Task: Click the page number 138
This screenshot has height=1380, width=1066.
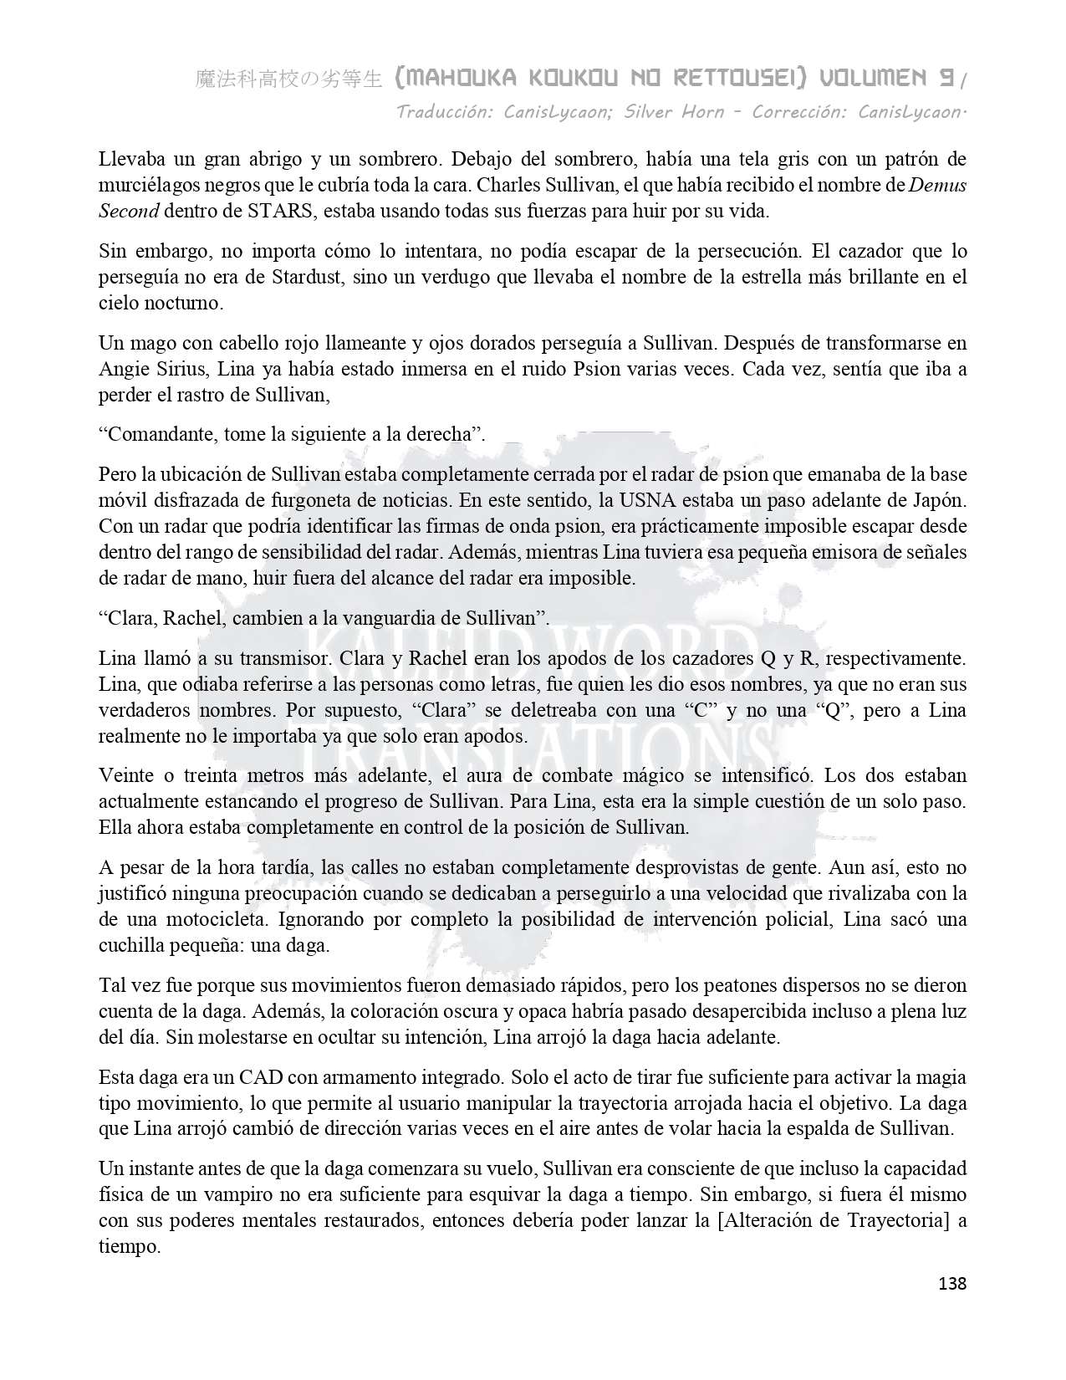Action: [x=952, y=1283]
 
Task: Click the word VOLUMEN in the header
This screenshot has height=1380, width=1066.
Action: [x=873, y=79]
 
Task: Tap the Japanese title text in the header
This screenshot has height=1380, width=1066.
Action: [x=288, y=79]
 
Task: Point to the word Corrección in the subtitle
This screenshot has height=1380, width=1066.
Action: [x=799, y=112]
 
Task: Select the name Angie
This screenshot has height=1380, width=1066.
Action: [x=122, y=369]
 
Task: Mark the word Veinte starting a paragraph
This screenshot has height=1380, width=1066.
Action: [x=125, y=775]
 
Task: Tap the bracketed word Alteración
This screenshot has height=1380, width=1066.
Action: [x=767, y=1220]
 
